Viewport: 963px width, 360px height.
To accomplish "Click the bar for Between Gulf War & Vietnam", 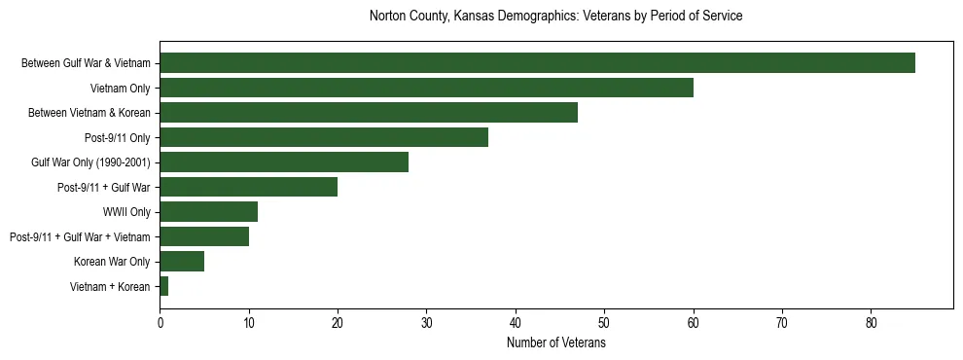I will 537,63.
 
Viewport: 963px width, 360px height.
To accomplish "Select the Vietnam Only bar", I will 426,88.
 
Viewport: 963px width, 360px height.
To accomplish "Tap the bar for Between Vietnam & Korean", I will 369,113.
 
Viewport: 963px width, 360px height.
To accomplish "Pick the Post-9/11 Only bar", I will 324,137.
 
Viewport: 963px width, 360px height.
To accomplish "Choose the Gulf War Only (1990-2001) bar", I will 284,162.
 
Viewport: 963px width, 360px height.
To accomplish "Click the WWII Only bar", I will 208,212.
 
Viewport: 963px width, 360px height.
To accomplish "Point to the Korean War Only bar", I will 182,262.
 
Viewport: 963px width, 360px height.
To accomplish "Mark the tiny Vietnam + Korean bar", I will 164,286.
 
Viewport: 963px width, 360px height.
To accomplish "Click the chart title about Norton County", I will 555,17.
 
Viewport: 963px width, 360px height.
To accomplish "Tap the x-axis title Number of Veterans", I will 555,343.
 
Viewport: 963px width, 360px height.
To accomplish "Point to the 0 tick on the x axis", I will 160,323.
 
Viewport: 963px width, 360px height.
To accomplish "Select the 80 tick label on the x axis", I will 871,323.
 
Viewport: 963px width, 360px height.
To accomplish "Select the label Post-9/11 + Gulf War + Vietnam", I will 80,236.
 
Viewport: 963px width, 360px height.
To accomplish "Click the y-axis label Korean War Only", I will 112,262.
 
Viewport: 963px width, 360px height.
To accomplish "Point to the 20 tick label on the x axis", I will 338,323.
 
